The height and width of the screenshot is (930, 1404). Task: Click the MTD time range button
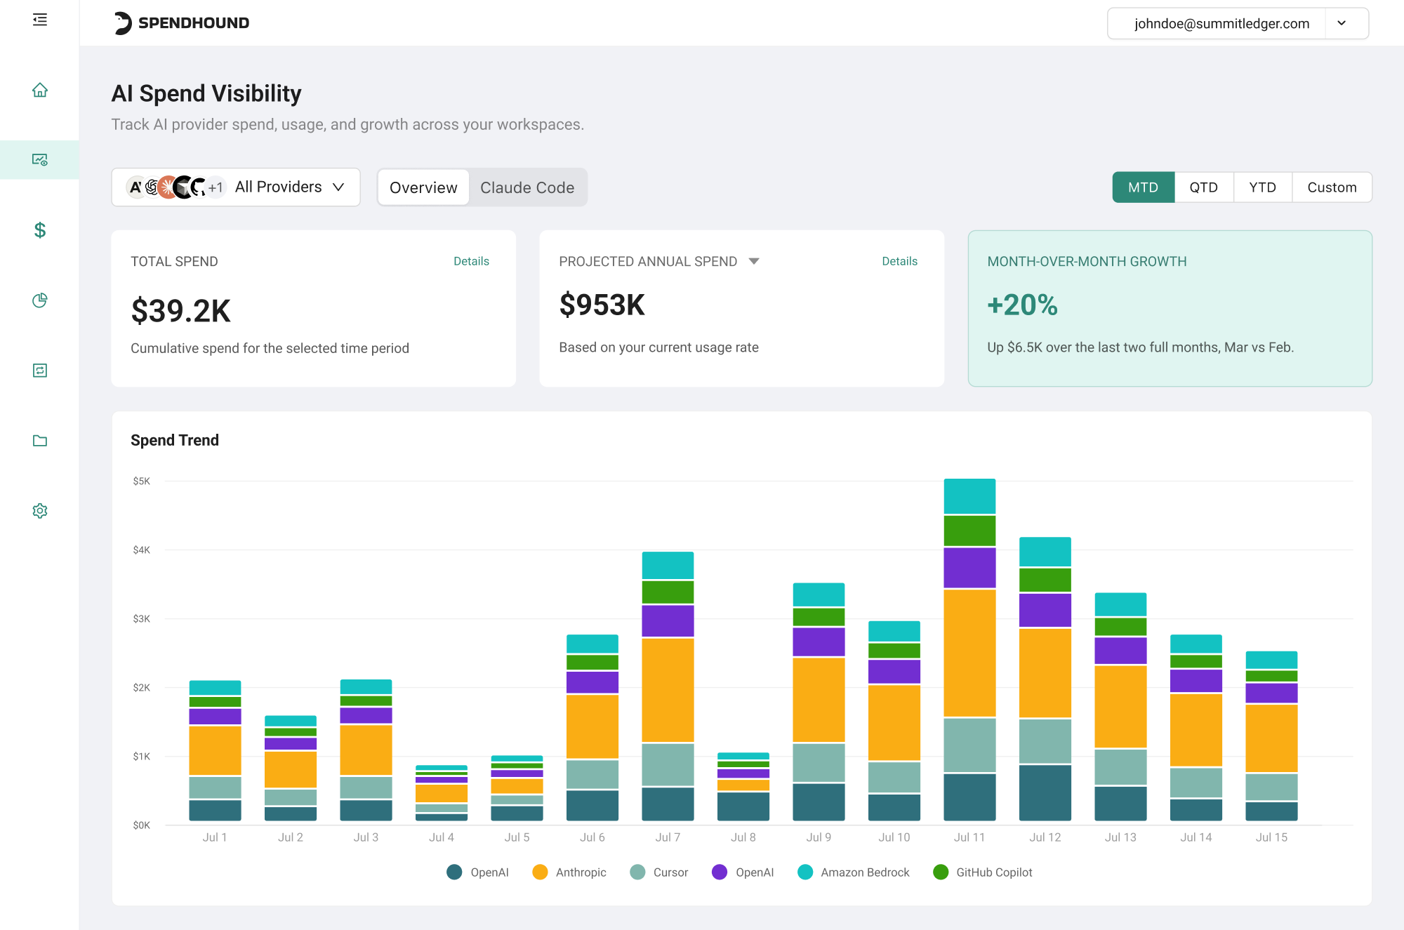pos(1143,187)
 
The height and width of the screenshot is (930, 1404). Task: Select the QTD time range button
pos(1203,187)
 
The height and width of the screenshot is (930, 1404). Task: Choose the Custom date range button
pos(1332,187)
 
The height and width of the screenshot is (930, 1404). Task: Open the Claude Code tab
pos(527,187)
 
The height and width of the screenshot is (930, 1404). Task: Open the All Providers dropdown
pos(236,187)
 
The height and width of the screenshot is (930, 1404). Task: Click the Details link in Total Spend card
pos(471,261)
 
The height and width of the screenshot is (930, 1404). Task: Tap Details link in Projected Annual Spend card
pos(899,261)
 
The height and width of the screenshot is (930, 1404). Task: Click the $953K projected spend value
pos(602,305)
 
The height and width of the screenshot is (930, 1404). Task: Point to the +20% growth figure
pos(1022,305)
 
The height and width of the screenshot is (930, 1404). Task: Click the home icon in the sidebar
pos(40,90)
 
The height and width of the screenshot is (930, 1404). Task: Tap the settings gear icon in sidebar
pos(40,510)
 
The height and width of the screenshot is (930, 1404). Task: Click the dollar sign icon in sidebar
pos(40,230)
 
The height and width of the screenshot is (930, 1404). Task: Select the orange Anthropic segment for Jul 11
pos(969,653)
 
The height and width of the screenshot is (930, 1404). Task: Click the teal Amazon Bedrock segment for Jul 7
pos(668,565)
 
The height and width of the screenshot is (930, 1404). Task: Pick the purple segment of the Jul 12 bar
pos(1045,610)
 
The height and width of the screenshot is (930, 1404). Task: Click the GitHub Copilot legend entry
pos(983,872)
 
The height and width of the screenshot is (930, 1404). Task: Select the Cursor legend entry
pos(659,872)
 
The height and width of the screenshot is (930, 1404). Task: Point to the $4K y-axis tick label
pos(142,550)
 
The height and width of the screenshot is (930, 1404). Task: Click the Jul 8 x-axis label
pos(743,837)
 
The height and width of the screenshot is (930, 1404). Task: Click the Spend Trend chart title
pos(175,440)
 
